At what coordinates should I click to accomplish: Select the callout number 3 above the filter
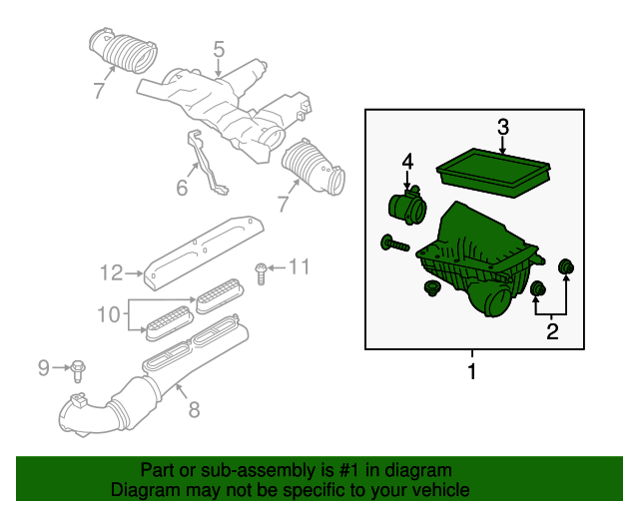tap(503, 128)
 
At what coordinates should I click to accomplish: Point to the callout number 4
tap(407, 161)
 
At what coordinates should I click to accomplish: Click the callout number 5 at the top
tap(219, 49)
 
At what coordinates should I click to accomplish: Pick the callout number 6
tap(182, 187)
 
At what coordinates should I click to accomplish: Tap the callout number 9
tap(43, 368)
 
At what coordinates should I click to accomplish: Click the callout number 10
tap(110, 315)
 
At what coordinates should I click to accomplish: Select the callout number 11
tap(301, 266)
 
